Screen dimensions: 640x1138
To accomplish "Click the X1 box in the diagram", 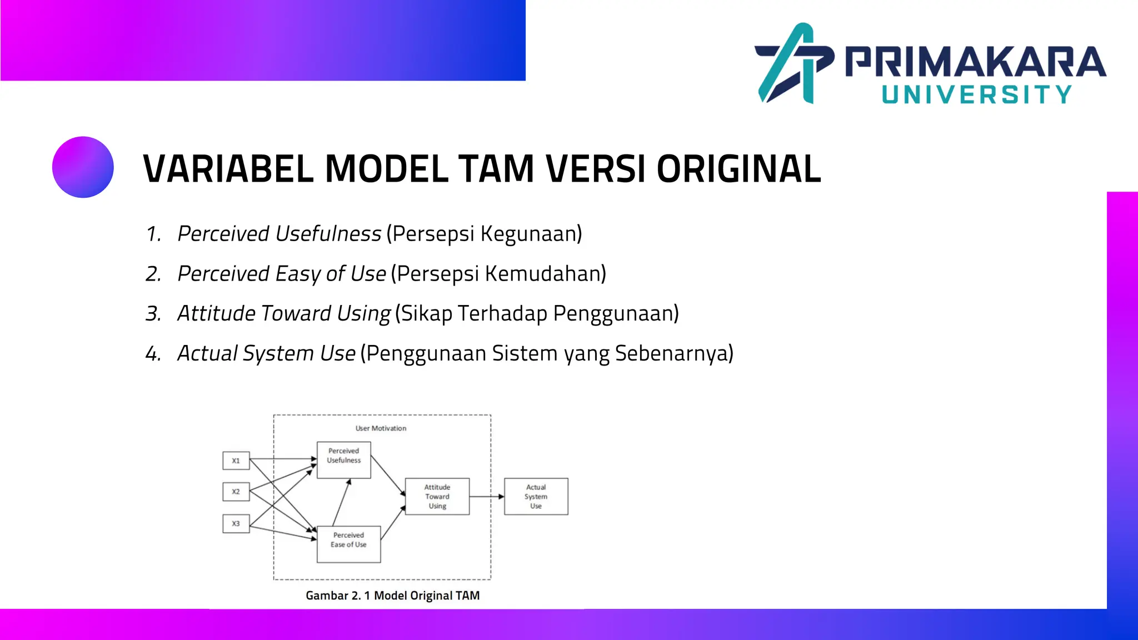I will tap(236, 461).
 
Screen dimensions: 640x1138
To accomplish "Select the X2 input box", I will tap(236, 492).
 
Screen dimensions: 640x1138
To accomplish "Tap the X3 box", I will tap(236, 523).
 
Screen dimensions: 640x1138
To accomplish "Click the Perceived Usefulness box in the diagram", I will tap(343, 460).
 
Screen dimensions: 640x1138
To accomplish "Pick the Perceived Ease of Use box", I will tap(348, 544).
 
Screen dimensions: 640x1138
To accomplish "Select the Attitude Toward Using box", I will tap(437, 496).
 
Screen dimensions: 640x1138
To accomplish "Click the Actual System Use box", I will tap(536, 496).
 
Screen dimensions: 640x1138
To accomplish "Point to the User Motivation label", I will tap(381, 428).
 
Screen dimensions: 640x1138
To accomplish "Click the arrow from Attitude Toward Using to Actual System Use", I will tap(487, 496).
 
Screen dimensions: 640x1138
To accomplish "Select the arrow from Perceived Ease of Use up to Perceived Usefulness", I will tap(341, 503).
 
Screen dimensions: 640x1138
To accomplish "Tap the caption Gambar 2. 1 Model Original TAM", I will tap(392, 596).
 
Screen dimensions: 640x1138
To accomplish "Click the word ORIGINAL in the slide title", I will tap(738, 169).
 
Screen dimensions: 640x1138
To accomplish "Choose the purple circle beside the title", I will tap(83, 167).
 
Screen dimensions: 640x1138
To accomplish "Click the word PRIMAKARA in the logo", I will tap(975, 62).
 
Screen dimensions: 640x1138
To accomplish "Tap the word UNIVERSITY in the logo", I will tap(976, 95).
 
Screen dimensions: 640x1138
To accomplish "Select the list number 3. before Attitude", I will tap(153, 314).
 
